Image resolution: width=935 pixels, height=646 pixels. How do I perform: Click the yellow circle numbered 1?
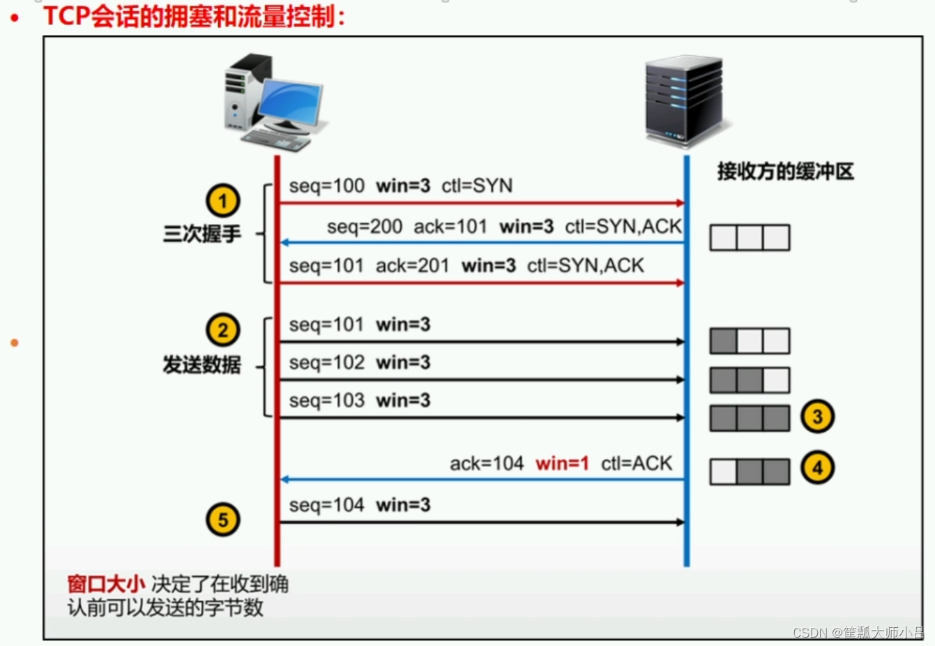click(x=222, y=201)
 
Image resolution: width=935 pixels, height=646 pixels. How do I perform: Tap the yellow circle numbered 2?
click(x=222, y=330)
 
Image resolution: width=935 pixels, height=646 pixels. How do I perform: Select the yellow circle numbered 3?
click(x=817, y=416)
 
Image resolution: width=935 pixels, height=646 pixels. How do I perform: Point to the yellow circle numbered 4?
click(x=817, y=467)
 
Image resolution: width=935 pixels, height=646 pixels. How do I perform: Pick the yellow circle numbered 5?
click(x=222, y=520)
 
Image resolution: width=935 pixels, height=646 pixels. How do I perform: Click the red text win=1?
click(x=562, y=463)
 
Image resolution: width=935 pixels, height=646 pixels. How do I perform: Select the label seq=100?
click(x=326, y=186)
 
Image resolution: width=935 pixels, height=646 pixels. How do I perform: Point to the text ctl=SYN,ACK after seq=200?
click(x=623, y=227)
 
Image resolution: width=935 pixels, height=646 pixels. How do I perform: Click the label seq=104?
click(x=326, y=505)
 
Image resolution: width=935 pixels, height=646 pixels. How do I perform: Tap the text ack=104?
click(x=487, y=463)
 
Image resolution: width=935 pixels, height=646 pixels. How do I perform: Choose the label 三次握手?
click(x=202, y=234)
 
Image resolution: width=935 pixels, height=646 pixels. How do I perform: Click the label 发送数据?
click(x=202, y=364)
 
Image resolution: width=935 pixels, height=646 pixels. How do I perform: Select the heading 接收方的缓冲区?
click(x=785, y=172)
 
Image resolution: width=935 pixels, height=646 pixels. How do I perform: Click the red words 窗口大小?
click(x=106, y=584)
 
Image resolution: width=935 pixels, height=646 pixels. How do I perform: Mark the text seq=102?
click(x=326, y=363)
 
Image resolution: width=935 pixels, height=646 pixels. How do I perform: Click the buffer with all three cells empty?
click(x=750, y=238)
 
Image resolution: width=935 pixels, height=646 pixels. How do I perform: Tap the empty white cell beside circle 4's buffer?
click(x=723, y=472)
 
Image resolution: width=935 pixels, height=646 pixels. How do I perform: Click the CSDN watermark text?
click(x=858, y=632)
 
